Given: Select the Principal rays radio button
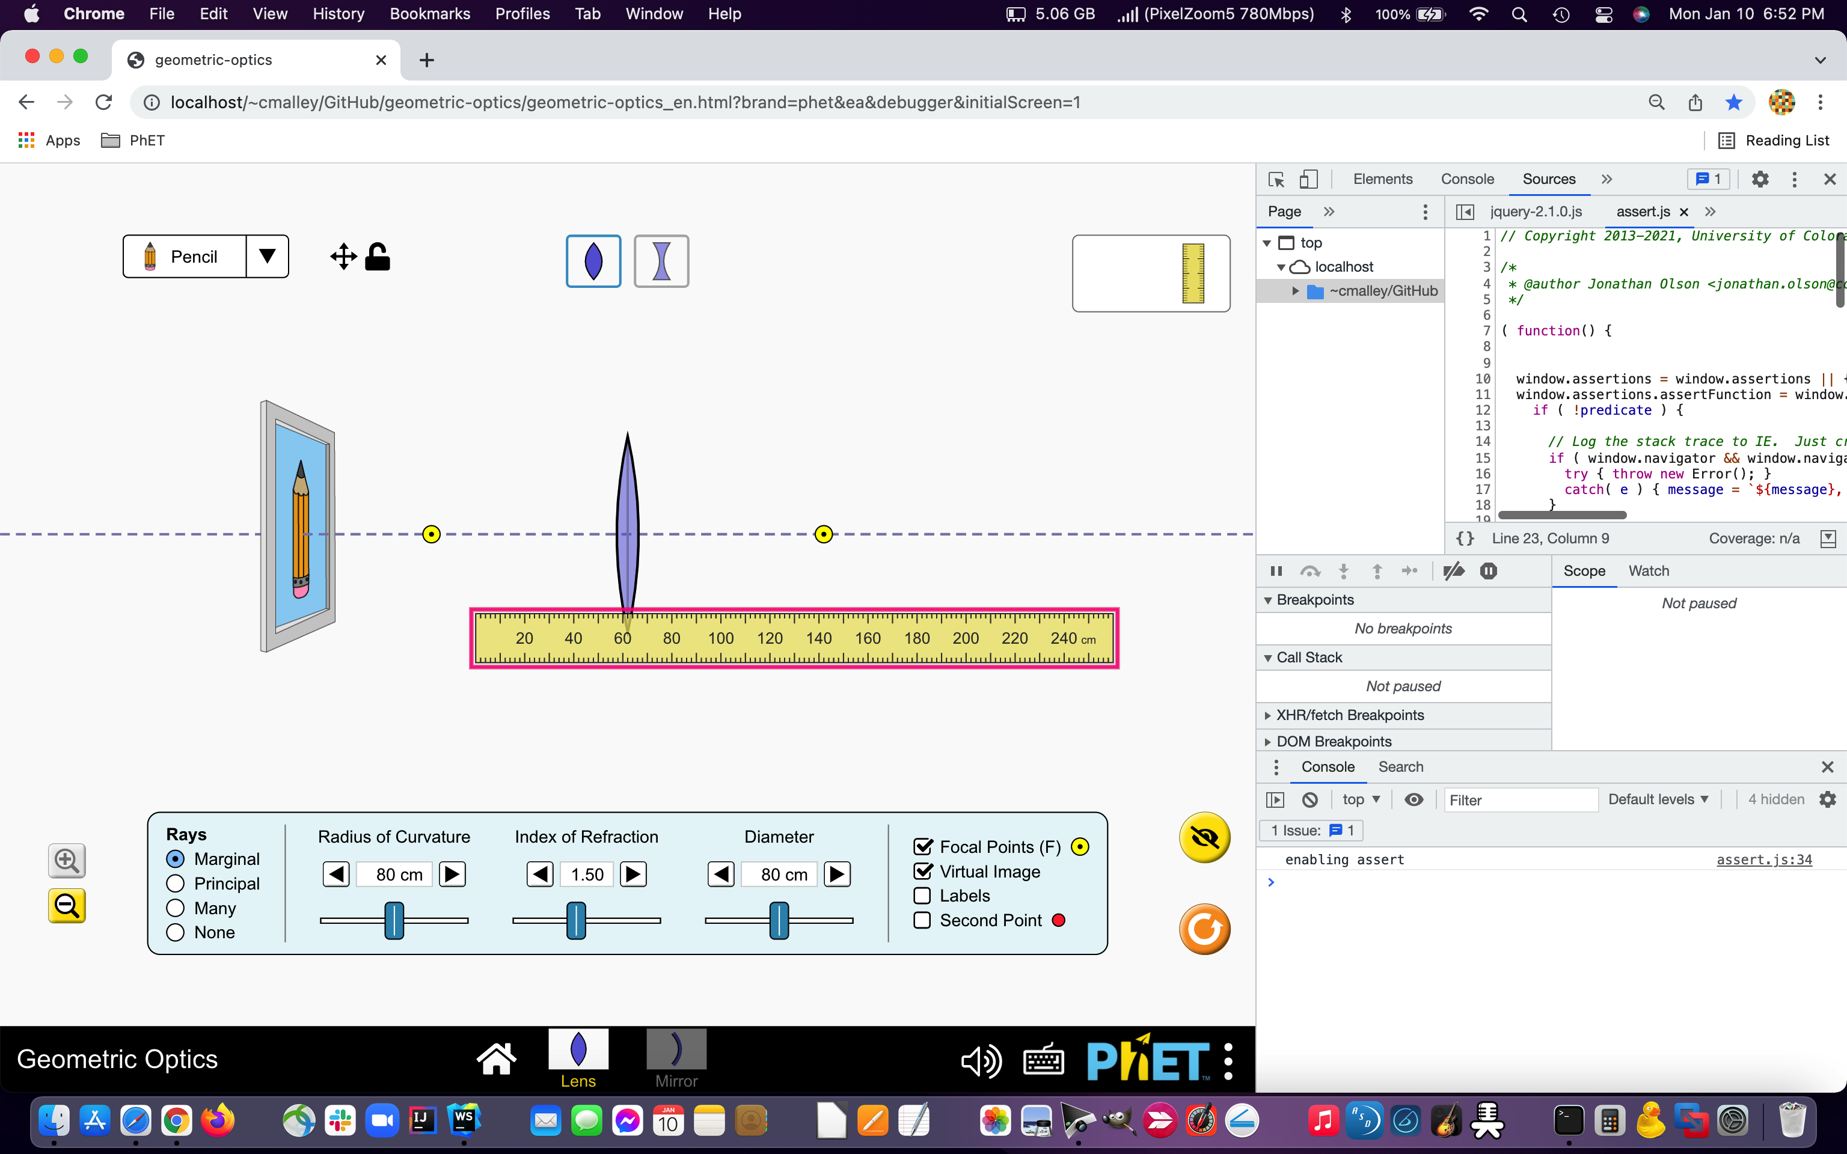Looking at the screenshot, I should pos(176,884).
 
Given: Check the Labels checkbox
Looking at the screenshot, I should pos(922,896).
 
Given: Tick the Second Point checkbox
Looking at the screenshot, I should pos(922,920).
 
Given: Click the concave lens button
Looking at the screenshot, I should pos(661,261).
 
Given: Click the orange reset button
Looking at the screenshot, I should pos(1204,930).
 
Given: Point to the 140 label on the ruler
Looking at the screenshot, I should pos(818,638).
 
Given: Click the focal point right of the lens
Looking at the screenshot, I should pos(824,534).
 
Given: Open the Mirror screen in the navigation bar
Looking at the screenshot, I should pos(676,1058).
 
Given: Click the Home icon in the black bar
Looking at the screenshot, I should pos(496,1058).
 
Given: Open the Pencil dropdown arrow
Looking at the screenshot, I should pos(267,257).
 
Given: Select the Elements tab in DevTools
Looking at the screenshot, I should pos(1382,179).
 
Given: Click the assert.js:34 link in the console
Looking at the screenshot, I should pos(1764,859).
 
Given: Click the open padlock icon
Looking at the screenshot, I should pos(377,257).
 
